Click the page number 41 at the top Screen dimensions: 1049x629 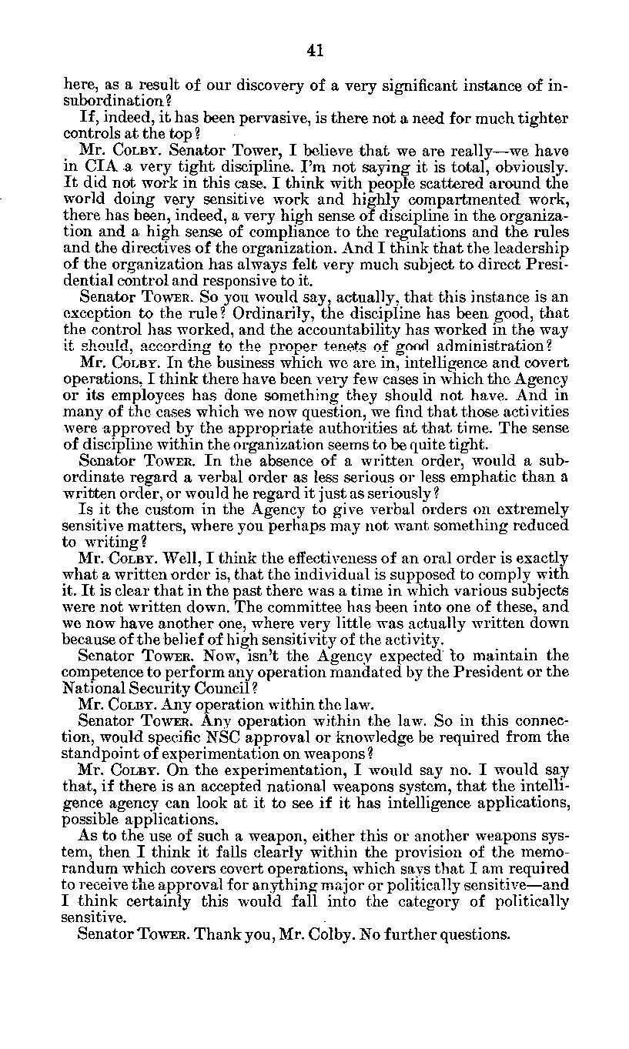[x=314, y=51]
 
